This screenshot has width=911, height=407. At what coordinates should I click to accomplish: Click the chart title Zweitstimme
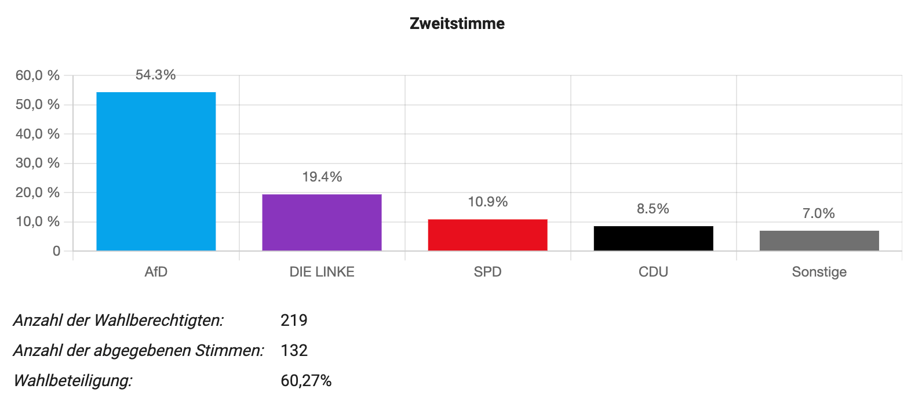(x=457, y=24)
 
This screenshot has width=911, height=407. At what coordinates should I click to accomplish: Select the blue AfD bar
(x=156, y=171)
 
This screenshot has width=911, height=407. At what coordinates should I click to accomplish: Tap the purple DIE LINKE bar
(x=322, y=222)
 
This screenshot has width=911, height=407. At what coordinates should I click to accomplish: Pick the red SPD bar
(x=487, y=235)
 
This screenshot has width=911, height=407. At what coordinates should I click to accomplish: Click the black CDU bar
(x=653, y=238)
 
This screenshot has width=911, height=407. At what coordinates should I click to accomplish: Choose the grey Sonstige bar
(x=819, y=241)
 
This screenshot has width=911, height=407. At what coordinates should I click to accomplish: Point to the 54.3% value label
(x=155, y=75)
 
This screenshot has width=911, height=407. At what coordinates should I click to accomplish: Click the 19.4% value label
(x=322, y=177)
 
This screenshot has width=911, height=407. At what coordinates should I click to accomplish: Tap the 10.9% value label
(x=487, y=202)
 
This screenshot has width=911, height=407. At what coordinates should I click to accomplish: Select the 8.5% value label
(x=653, y=209)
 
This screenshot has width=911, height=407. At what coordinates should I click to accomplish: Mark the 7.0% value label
(x=818, y=213)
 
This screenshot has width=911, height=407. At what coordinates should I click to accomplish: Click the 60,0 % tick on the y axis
(x=38, y=75)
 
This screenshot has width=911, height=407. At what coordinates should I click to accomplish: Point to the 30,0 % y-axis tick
(x=38, y=163)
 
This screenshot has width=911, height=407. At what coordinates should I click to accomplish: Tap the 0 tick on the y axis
(x=56, y=251)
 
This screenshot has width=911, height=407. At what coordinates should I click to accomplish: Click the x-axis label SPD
(x=487, y=272)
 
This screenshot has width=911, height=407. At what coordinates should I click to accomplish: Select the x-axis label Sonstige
(x=819, y=272)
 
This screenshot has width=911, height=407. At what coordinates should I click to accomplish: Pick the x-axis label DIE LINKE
(x=322, y=272)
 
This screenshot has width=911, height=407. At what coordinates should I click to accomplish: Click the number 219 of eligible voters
(x=294, y=320)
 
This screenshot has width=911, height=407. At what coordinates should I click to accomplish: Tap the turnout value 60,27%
(x=306, y=381)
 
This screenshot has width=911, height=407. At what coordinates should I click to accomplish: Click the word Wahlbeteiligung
(x=73, y=381)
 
